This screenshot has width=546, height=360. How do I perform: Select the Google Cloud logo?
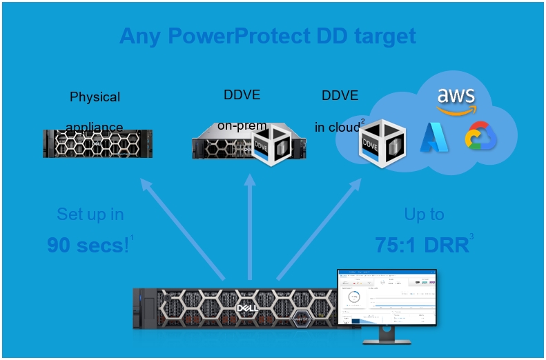pyautogui.click(x=480, y=137)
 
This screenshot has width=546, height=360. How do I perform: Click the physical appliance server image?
pyautogui.click(x=97, y=143)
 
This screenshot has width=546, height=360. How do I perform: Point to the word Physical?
pyautogui.click(x=95, y=97)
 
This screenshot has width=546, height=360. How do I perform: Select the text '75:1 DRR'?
pyautogui.click(x=422, y=245)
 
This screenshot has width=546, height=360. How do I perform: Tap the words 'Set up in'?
pyautogui.click(x=90, y=214)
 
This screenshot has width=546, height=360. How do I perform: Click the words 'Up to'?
pyautogui.click(x=424, y=214)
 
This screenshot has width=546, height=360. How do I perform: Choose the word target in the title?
pyautogui.click(x=382, y=36)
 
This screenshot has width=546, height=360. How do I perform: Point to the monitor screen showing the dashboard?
pyautogui.click(x=387, y=297)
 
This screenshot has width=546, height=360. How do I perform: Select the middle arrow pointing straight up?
pyautogui.click(x=250, y=228)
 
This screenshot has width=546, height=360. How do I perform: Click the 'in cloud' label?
pyautogui.click(x=338, y=128)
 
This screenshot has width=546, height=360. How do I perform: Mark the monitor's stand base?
pyautogui.click(x=386, y=340)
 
